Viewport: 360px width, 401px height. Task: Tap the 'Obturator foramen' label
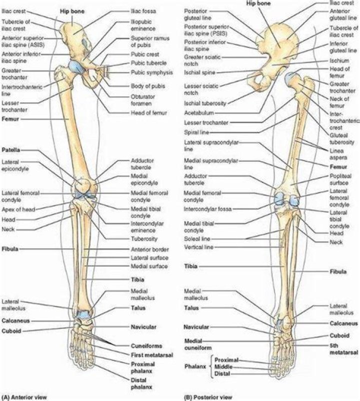[144, 100]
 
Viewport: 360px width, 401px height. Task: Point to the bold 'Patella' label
[11, 150]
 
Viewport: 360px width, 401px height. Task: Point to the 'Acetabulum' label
[200, 113]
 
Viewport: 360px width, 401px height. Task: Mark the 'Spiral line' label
[198, 132]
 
